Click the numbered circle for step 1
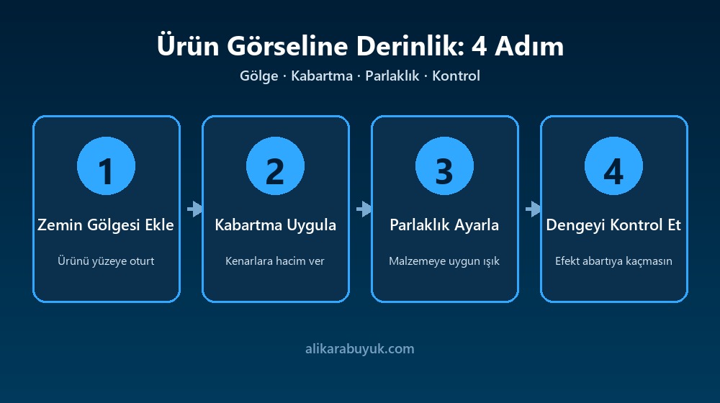coord(106,166)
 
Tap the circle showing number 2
coord(275,166)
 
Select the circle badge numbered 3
coord(444,166)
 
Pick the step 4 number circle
coord(613,166)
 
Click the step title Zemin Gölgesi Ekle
coord(106,225)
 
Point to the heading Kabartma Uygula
coord(276,225)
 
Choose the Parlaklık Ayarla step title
coord(444,225)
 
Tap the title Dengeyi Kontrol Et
coord(613,225)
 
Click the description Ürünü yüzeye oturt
coord(106,261)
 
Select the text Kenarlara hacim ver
coord(275,261)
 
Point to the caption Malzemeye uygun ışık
coord(444,261)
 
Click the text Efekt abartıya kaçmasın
coord(613,261)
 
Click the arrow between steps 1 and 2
coord(194,209)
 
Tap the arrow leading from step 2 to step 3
coord(364,209)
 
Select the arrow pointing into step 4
coord(533,209)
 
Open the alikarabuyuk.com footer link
coord(360,349)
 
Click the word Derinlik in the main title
coord(410,46)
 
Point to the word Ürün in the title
coord(188,46)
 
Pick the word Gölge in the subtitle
coord(259,76)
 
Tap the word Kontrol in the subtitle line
coord(456,76)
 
